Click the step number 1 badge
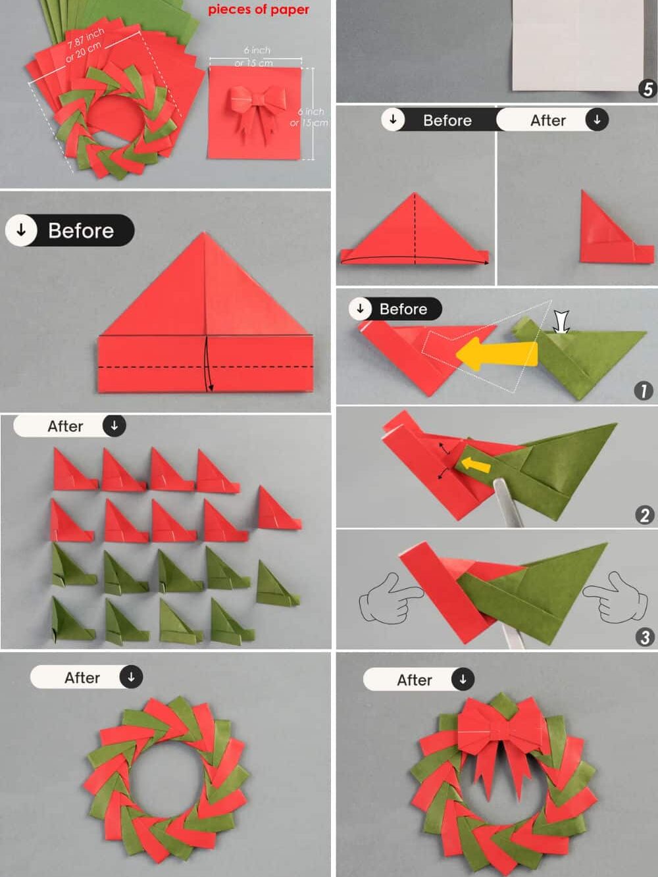click(643, 391)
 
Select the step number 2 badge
click(645, 514)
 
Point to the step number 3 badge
click(645, 636)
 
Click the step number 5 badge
click(647, 89)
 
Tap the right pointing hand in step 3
click(612, 597)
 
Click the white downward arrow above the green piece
click(561, 322)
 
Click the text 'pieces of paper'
click(258, 10)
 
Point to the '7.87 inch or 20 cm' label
click(84, 45)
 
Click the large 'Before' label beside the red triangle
click(80, 231)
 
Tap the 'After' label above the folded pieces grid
click(65, 426)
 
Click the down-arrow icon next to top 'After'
click(597, 120)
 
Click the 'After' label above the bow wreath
click(415, 680)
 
